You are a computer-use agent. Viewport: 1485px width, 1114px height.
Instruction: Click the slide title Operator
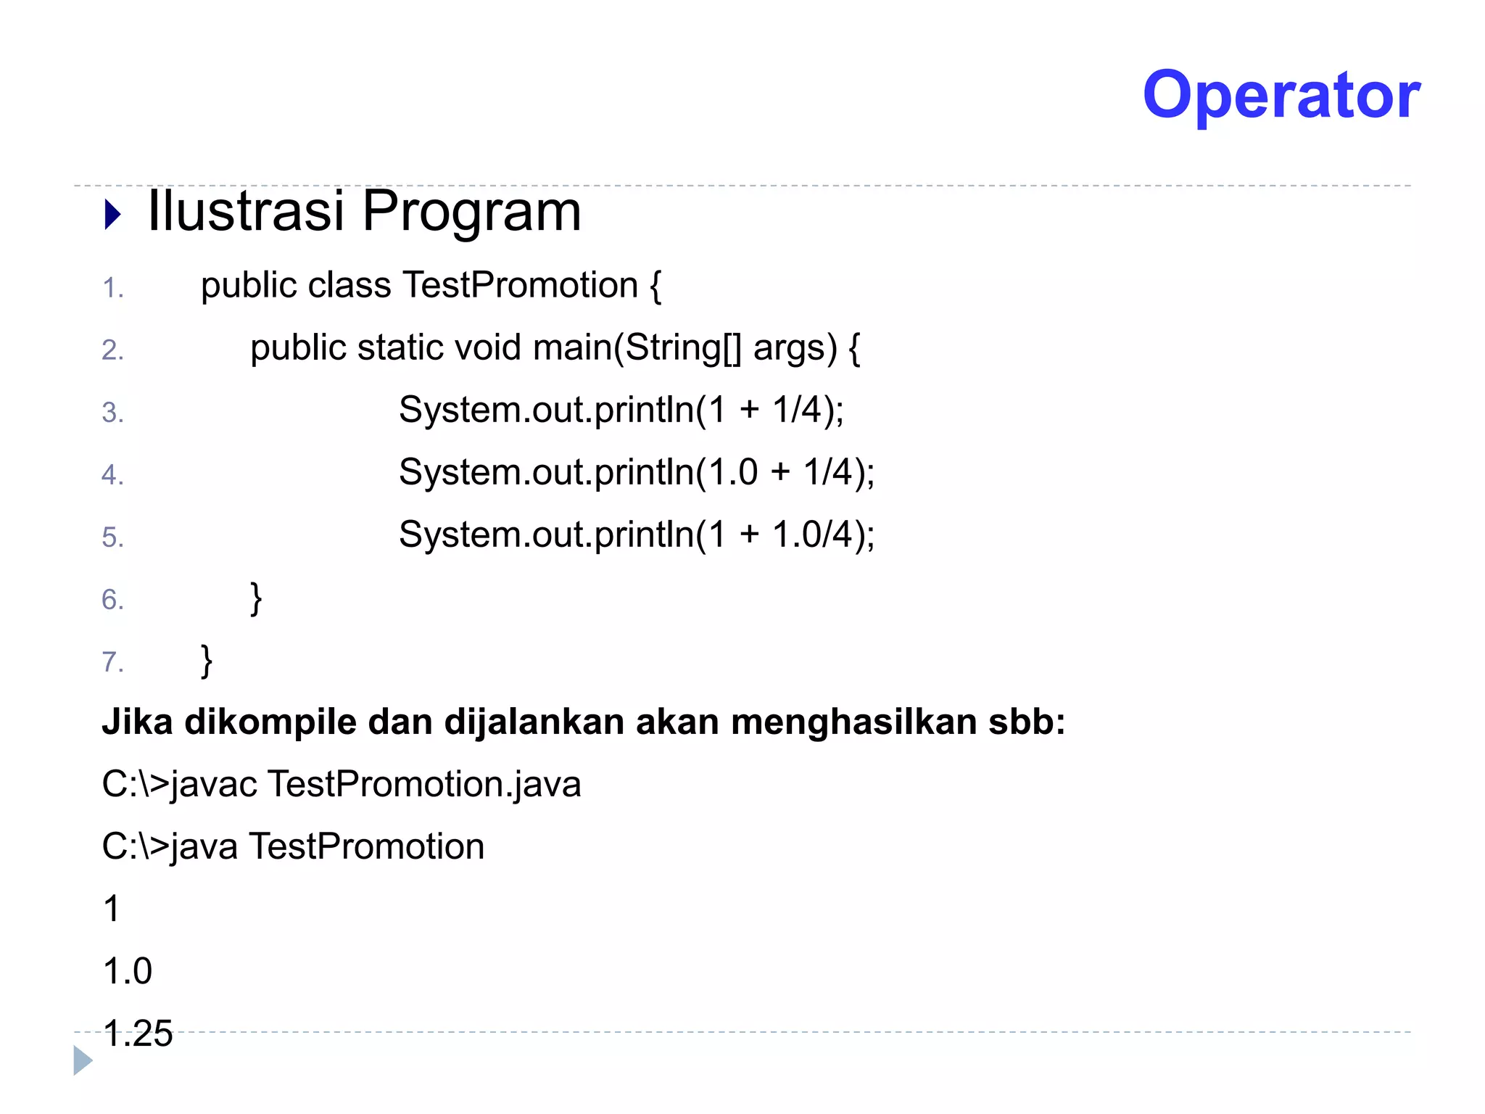[1281, 95]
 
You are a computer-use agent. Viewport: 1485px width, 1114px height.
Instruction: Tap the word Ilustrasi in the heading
[246, 211]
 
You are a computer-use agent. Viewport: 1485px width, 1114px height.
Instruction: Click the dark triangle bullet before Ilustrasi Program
[112, 215]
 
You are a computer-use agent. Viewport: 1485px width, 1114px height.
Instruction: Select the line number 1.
[112, 288]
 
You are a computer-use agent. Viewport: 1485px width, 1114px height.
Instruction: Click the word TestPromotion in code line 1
[520, 284]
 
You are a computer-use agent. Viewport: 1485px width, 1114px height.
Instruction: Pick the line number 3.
[112, 413]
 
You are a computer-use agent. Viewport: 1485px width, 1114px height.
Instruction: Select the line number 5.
[112, 537]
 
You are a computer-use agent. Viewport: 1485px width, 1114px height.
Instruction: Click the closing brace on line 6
[256, 598]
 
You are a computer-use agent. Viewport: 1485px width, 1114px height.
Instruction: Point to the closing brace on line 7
[207, 661]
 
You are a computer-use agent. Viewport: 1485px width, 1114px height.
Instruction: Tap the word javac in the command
[214, 785]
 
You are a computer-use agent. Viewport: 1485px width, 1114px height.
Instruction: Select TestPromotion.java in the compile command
[424, 785]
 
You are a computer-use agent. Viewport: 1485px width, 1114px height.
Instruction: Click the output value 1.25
[138, 1033]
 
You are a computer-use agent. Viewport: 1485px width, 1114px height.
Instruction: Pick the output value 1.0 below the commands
[128, 971]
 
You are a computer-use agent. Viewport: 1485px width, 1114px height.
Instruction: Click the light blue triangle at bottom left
[83, 1060]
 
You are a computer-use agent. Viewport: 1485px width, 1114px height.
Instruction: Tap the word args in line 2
[795, 349]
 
